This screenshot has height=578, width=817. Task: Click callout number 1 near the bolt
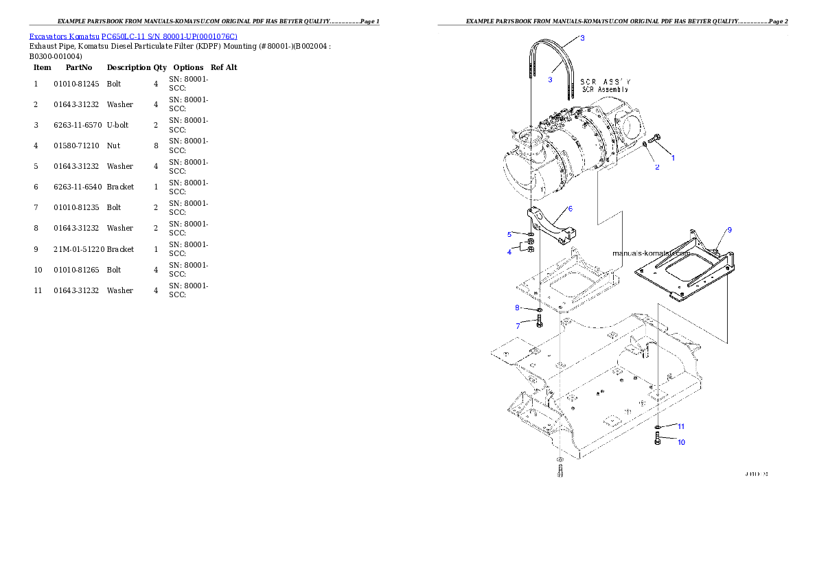[673, 158]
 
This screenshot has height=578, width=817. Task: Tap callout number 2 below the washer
[656, 167]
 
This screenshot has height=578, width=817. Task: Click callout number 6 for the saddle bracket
[570, 208]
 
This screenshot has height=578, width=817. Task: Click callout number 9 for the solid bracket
[729, 230]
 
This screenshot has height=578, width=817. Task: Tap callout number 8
[518, 308]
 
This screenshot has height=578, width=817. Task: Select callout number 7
[518, 325]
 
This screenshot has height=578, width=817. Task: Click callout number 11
[681, 426]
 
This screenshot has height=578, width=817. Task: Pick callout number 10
[681, 442]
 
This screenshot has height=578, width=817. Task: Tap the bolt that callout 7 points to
[540, 321]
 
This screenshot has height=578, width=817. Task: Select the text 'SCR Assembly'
[605, 89]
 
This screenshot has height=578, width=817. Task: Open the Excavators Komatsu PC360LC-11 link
[133, 36]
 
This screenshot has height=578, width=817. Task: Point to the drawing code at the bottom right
[757, 474]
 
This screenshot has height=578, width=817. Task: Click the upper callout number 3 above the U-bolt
[582, 38]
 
